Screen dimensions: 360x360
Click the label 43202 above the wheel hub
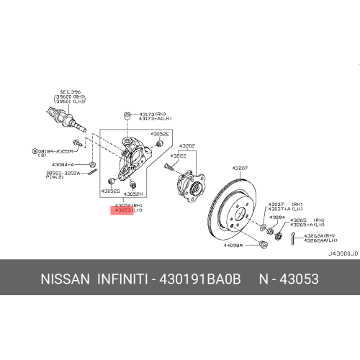[x=188, y=145]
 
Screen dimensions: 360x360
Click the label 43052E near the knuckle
[x=160, y=134]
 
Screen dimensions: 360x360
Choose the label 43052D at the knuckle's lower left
[x=110, y=192]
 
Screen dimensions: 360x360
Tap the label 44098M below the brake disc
[x=234, y=245]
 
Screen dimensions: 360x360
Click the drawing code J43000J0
[x=341, y=253]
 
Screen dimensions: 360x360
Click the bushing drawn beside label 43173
[x=127, y=116]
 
